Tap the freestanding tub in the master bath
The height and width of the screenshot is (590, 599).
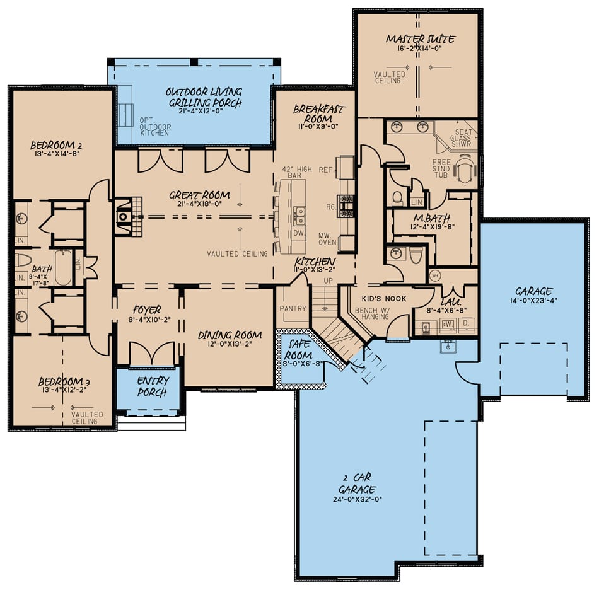(x=465, y=170)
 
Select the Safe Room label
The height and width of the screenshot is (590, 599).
(x=299, y=345)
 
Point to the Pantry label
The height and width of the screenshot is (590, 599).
(x=293, y=309)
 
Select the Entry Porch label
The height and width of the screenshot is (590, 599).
(x=151, y=386)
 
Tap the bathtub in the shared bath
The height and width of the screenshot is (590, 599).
(x=63, y=268)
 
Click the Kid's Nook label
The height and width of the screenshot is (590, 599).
(x=383, y=298)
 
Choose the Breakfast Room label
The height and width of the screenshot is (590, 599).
(x=319, y=113)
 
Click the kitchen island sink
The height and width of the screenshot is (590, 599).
(x=299, y=215)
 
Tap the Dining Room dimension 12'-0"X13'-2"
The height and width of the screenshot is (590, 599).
(x=230, y=344)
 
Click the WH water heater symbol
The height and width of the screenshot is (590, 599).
(x=434, y=275)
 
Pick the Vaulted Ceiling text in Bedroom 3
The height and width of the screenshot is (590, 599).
(x=84, y=417)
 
